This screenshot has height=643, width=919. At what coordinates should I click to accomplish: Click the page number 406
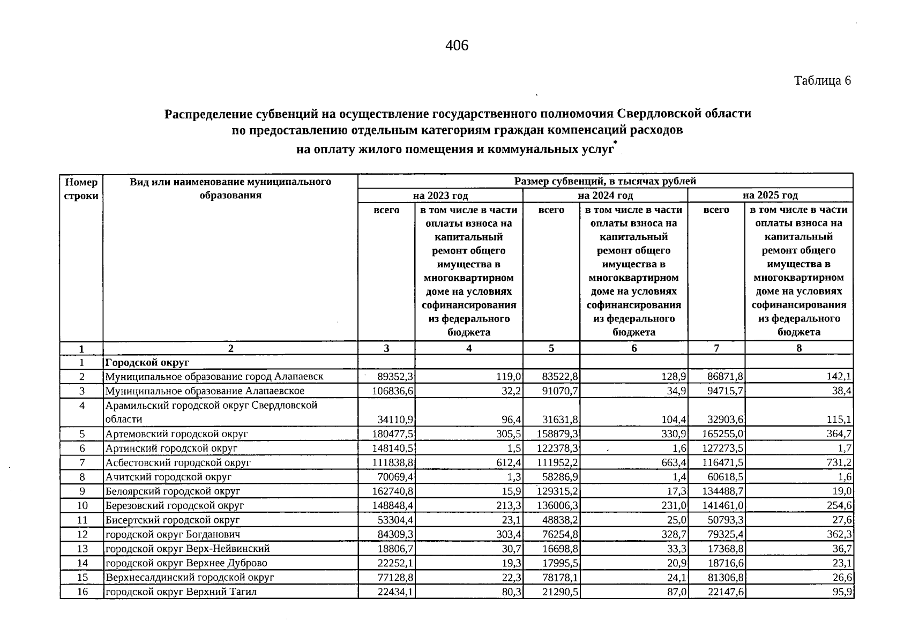coord(457,46)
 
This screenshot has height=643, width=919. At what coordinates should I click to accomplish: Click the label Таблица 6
coord(822,81)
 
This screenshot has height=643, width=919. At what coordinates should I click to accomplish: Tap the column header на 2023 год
coord(440,196)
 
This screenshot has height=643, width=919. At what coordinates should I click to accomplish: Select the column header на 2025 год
coord(770,196)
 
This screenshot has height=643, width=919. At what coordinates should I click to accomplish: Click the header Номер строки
coord(81,189)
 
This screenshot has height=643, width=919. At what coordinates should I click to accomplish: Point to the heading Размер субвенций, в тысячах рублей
coord(604,181)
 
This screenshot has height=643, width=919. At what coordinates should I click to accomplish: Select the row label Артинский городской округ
coord(171,448)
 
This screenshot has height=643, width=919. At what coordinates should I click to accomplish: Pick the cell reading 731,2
coord(839,462)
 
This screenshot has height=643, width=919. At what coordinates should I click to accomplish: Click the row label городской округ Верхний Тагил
coord(181,592)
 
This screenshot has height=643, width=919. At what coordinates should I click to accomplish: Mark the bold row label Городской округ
coord(147,363)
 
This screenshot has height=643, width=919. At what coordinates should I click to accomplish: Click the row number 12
coord(82,534)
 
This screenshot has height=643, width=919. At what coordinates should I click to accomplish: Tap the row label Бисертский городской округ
coord(173,520)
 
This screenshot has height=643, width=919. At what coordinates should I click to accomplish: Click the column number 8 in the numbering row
coord(798,348)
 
